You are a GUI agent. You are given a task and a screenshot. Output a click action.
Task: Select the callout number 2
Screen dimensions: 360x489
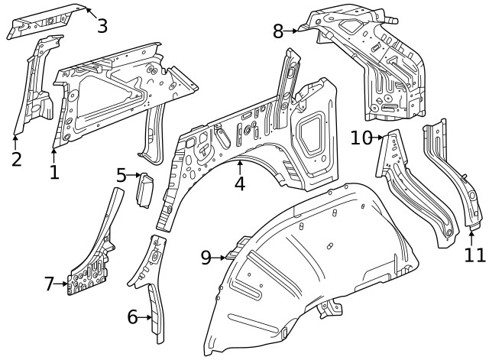point(16,159)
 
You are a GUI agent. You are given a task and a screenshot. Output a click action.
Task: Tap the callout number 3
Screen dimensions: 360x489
point(102,26)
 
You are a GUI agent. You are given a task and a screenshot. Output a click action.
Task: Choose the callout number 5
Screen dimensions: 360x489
point(121,176)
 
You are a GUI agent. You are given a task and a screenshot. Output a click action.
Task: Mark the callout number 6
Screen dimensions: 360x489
point(132,316)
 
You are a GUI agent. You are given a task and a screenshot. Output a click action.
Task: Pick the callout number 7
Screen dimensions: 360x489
point(50,284)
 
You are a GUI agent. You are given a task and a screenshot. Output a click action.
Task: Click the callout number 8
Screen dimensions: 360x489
point(278,31)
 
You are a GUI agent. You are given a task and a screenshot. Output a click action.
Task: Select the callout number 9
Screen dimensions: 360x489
point(206,258)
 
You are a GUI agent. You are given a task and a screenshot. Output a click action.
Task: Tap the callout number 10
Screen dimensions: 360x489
point(361,138)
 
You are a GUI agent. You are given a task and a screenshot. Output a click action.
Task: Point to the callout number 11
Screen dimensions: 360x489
point(474,254)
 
